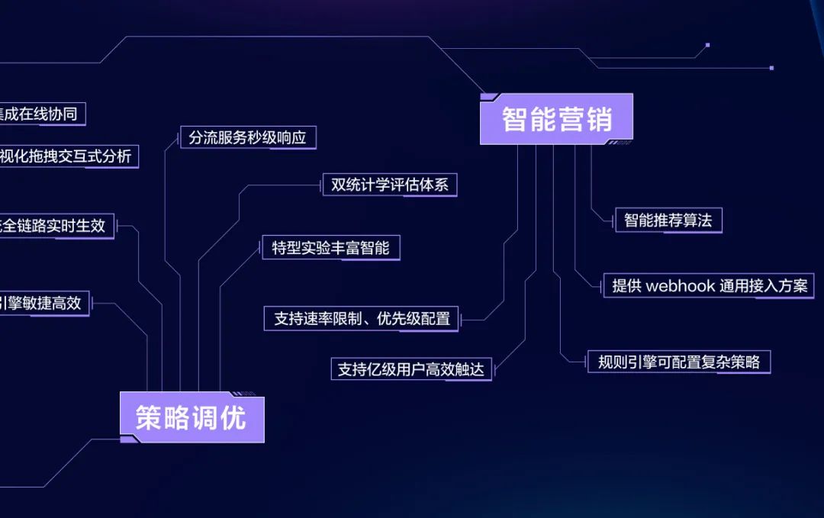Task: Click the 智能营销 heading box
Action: pos(556,119)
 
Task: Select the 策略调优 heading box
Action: pos(192,418)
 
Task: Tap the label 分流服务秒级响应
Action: pos(247,138)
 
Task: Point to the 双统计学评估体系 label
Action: pos(389,185)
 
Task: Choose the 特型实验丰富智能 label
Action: pos(330,248)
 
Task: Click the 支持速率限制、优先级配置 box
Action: pos(362,319)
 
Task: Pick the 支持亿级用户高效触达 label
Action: pos(410,369)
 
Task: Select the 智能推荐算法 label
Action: pos(668,220)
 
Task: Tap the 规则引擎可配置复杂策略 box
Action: pos(678,362)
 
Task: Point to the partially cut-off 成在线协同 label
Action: pos(41,114)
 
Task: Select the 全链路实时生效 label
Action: pos(55,226)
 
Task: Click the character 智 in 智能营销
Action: pos(516,120)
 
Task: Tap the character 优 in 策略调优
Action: pos(233,418)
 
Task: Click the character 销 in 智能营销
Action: pos(597,120)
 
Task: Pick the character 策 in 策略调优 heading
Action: pos(150,418)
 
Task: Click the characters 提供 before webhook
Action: pos(627,286)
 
